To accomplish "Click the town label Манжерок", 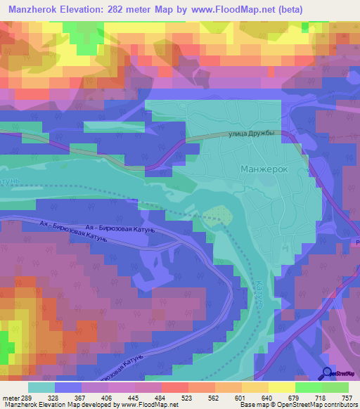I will tap(264, 169).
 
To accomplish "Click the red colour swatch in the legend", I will tap(174, 387).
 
